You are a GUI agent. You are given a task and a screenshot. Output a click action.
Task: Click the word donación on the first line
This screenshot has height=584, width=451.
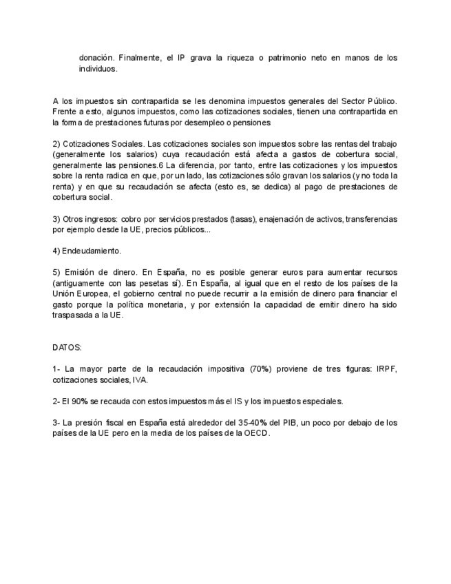97,59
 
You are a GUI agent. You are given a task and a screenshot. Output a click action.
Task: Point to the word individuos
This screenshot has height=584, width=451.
98,69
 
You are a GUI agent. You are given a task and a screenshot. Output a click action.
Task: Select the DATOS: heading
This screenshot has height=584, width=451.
67,349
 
